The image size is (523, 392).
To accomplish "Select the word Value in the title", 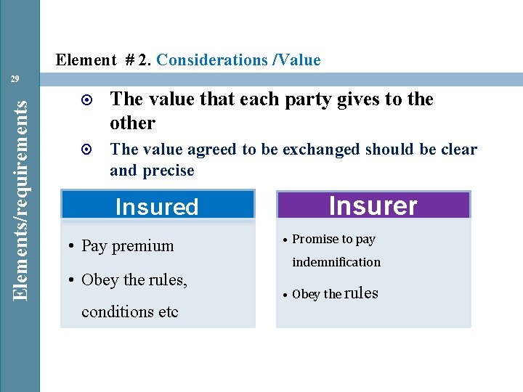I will (298, 60).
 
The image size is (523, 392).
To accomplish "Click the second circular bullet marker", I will (86, 150).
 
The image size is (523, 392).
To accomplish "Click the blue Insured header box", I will (157, 206).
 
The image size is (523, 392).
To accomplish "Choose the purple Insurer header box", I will (373, 205).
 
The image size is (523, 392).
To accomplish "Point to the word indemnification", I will (336, 262).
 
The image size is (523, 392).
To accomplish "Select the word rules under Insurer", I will (362, 293).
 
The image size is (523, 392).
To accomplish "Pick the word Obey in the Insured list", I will (100, 279).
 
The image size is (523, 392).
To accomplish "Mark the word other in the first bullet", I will (132, 123).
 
